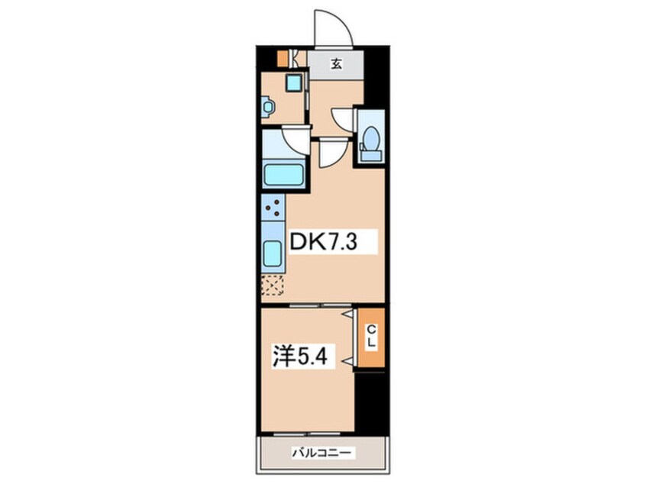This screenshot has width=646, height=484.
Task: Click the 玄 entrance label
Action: pos(337,64)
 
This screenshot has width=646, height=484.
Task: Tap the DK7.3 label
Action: pos(323,242)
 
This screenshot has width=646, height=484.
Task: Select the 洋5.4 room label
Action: pos(299,357)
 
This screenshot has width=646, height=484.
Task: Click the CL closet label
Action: pos(371,336)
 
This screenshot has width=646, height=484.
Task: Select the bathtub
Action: pos(284,175)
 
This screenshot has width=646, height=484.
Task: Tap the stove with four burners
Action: pos(273,207)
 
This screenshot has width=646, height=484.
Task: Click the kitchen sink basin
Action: pos(273,253)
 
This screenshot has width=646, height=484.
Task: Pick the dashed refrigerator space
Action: pos(273,286)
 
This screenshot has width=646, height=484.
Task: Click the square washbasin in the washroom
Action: pos(295,84)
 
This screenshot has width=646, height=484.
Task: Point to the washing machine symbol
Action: pos(267,108)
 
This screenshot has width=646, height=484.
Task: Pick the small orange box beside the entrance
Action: pos(283,59)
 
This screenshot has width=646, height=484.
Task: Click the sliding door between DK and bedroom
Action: pos(321,305)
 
